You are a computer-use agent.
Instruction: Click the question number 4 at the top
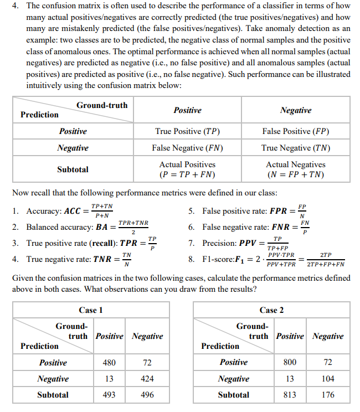(x=17, y=6)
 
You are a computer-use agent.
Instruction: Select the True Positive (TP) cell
(x=187, y=131)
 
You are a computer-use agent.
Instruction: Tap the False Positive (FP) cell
(x=295, y=131)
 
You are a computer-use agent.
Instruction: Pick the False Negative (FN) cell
(x=187, y=148)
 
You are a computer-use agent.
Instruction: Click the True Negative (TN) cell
(x=295, y=148)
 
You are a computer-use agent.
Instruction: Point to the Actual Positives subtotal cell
(x=187, y=169)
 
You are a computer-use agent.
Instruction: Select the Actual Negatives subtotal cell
(x=295, y=169)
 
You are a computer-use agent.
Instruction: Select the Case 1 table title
(x=91, y=310)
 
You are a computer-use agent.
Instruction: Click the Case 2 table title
(x=271, y=310)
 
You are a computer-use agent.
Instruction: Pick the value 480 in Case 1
(x=109, y=363)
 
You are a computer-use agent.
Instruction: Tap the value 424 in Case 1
(x=147, y=379)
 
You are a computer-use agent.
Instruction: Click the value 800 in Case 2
(x=290, y=363)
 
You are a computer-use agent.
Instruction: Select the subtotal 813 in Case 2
(x=290, y=395)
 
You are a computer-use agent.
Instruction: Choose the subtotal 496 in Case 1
(x=147, y=395)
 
